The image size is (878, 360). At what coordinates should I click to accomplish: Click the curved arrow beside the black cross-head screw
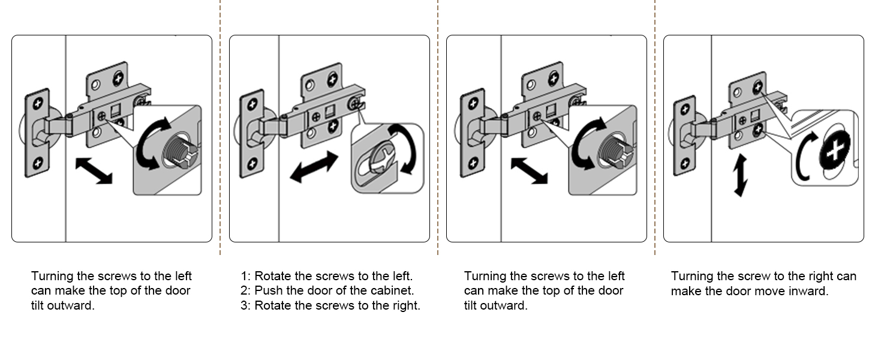[804, 157]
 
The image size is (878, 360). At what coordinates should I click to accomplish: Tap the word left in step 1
[401, 277]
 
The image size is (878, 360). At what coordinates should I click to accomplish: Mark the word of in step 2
[344, 291]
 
